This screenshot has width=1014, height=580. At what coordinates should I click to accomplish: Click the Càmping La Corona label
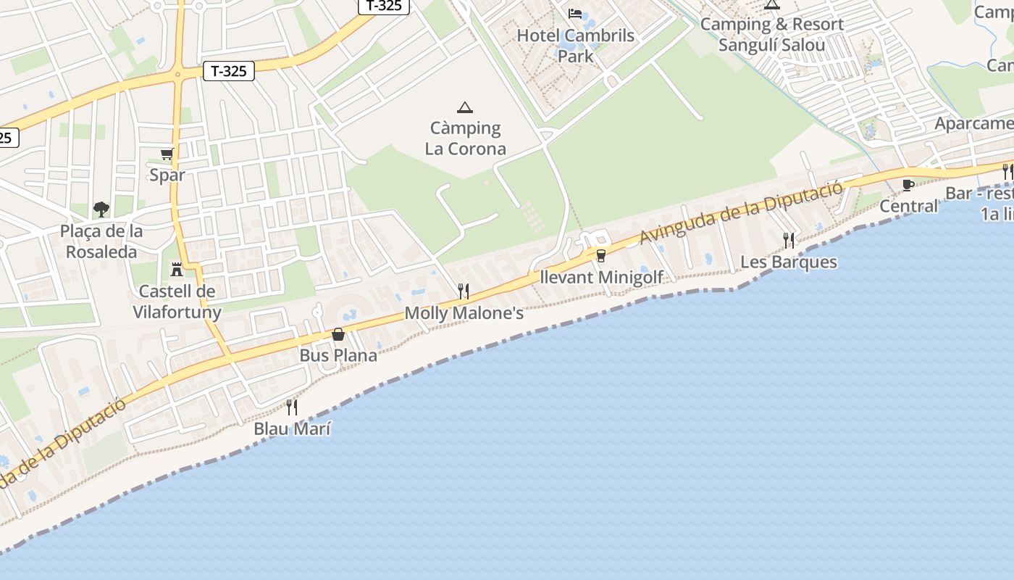tap(465, 138)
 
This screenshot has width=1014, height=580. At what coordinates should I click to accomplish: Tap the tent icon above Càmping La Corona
tap(465, 108)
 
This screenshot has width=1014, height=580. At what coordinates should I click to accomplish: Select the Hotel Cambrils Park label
tap(575, 45)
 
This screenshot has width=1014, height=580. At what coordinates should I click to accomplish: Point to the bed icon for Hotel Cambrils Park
tap(575, 13)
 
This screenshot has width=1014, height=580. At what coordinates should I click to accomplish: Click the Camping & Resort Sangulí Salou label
tap(771, 34)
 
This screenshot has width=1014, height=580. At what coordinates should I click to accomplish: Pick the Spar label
tap(167, 175)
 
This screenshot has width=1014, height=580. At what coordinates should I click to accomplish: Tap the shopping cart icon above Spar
tap(167, 154)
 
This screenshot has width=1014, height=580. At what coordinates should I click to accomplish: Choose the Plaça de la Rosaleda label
tap(101, 241)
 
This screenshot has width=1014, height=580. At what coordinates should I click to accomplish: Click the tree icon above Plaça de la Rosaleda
tap(101, 210)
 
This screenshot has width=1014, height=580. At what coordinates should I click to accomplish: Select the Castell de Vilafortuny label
tap(177, 302)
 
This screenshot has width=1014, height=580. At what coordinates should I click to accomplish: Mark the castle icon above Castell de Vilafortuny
tap(176, 270)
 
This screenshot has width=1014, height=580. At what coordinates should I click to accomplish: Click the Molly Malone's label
tap(464, 313)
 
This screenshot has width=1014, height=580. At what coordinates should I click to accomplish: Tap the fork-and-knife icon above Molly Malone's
tap(464, 291)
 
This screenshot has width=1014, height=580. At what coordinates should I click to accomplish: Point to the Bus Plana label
tap(338, 355)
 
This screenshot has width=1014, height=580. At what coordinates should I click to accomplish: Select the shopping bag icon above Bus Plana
tap(338, 334)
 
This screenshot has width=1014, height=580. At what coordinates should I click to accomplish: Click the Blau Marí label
tap(292, 428)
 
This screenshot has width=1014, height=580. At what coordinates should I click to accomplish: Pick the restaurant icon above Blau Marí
tap(292, 407)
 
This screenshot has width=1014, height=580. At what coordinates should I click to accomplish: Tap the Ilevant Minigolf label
tap(601, 277)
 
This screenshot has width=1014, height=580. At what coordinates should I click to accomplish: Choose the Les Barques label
tap(788, 262)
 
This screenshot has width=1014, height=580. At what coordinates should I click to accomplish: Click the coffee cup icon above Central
tap(908, 185)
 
